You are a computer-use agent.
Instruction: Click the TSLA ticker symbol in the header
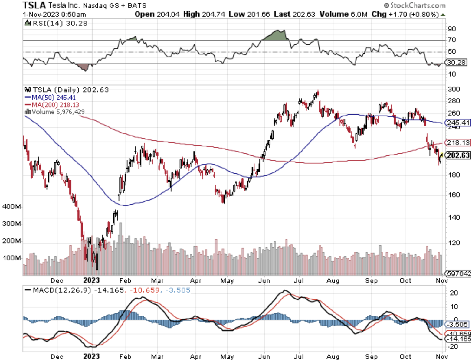[x=34, y=5]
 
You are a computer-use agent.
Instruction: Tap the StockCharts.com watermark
[x=415, y=5]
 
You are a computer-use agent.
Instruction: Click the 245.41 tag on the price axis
[x=458, y=123]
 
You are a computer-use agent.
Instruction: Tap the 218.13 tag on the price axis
[x=458, y=142]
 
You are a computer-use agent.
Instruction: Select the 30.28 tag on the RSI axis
[x=457, y=63]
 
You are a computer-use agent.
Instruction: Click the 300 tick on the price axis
[x=454, y=89]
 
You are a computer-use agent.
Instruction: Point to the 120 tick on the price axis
[x=454, y=243]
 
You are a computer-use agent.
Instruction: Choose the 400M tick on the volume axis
[x=11, y=207]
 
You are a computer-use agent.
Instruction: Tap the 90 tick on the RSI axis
[x=452, y=29]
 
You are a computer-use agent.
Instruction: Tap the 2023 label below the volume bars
[x=91, y=280]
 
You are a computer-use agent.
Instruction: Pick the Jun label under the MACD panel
[x=264, y=357]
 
